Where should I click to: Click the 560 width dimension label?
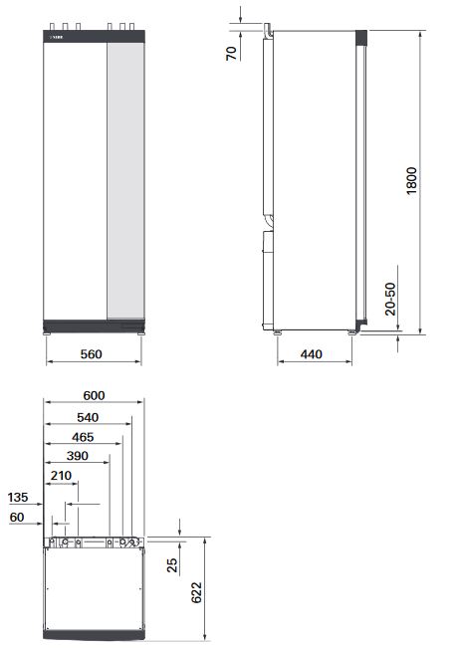93,355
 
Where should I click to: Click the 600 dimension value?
94,395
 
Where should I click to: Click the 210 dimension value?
62,477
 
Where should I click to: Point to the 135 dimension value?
18,498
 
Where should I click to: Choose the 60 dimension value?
18,518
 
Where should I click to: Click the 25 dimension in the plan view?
172,564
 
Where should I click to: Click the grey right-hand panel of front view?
126,179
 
